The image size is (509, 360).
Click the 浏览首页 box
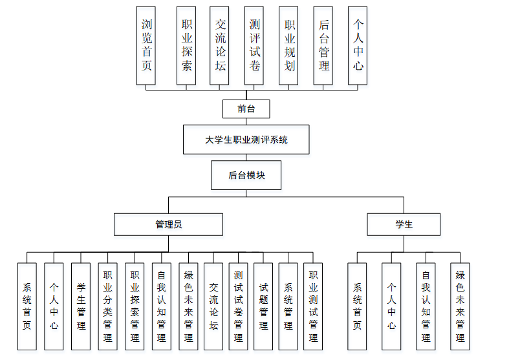tap(146, 45)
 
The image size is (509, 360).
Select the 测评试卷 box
tap(254, 45)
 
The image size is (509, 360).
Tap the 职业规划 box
tap(288, 45)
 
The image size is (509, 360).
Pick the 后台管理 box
tap(323, 45)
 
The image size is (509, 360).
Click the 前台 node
tap(246, 109)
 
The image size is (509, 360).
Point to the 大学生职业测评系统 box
tap(246, 140)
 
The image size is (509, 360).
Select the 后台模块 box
tap(246, 175)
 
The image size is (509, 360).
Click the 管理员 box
tap(168, 224)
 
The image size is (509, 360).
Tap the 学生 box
tap(404, 224)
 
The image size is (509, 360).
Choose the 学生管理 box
tap(81, 306)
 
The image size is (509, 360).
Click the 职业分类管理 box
tap(108, 306)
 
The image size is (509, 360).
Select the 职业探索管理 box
tap(135, 306)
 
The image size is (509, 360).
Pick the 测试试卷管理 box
tap(238, 306)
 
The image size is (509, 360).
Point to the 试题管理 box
tap(263, 306)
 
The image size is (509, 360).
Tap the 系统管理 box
tap(288, 306)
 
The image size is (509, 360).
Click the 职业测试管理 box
tap(313, 306)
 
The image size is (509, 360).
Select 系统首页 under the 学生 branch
tap(357, 306)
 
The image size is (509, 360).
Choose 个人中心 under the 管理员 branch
tap(54, 306)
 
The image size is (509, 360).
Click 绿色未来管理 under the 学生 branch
tap(460, 306)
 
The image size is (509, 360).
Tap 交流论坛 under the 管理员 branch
tap(213, 306)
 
